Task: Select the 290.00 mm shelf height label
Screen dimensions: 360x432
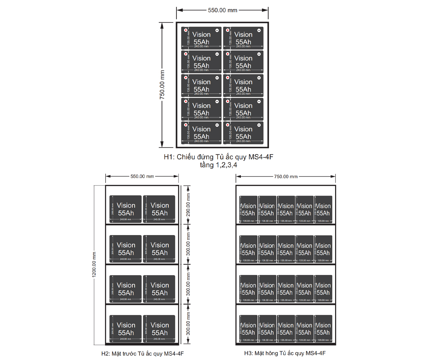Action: [188, 204]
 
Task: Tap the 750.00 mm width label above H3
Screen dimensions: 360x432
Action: [286, 176]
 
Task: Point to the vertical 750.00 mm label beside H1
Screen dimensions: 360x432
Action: [162, 85]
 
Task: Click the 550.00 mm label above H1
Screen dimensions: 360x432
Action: [222, 10]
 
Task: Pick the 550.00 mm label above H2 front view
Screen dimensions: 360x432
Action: [142, 176]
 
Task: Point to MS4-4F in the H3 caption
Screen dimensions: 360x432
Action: [316, 353]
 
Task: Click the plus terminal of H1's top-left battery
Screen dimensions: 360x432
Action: [186, 30]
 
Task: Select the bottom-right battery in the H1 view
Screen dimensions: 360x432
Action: [243, 133]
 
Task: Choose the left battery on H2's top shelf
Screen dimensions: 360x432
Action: [126, 209]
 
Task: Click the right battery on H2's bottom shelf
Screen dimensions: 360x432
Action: [159, 329]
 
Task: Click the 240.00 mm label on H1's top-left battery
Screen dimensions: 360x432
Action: [201, 46]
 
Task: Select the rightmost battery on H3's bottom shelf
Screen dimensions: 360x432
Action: [323, 329]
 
